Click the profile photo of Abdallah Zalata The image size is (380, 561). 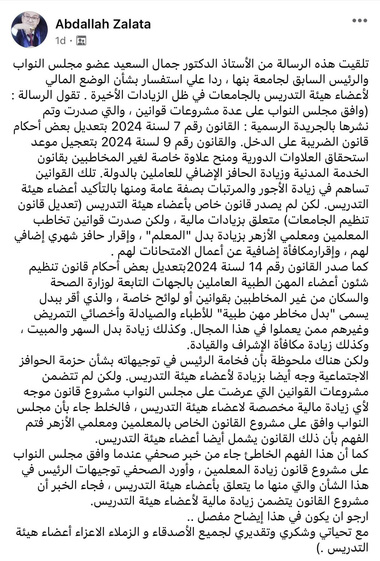tap(30, 30)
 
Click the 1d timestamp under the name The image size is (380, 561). tap(60, 41)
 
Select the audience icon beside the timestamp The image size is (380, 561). tap(81, 41)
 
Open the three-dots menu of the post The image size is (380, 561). tap(359, 21)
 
